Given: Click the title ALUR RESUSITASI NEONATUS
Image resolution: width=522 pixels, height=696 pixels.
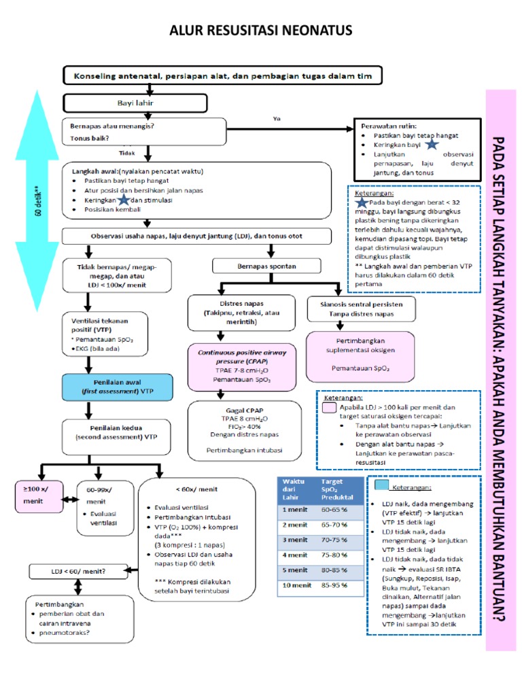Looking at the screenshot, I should [261, 31].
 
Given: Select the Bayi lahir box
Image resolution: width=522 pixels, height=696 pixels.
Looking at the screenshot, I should [135, 103].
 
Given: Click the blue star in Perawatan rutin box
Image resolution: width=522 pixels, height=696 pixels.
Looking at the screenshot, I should [432, 145].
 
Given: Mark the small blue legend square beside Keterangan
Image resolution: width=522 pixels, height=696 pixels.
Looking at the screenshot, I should [381, 485].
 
